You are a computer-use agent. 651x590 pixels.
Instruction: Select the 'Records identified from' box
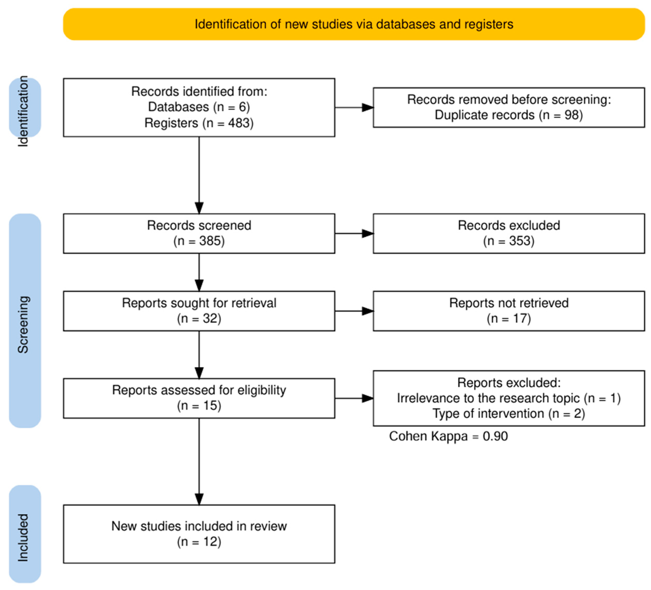point(199,107)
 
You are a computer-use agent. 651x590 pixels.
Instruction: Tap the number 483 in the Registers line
point(240,123)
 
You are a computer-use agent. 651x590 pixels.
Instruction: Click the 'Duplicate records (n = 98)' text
point(509,115)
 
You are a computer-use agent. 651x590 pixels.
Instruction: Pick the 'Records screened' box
point(199,233)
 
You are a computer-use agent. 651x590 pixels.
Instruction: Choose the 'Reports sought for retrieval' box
point(199,311)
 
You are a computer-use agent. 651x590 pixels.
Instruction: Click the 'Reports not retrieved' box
point(509,311)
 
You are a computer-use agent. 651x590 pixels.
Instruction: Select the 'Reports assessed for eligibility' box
point(199,398)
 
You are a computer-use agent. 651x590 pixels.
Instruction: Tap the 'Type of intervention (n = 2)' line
point(509,413)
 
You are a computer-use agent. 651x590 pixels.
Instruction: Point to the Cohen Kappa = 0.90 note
point(448,436)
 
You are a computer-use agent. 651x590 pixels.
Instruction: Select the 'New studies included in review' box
point(199,534)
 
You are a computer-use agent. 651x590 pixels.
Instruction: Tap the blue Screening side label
point(25,321)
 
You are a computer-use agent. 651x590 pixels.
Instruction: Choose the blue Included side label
point(25,534)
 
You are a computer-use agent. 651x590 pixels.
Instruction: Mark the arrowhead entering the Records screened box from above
point(199,208)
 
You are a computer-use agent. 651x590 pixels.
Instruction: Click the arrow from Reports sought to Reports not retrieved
point(354,311)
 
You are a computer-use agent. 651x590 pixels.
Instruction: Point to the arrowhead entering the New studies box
point(199,499)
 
